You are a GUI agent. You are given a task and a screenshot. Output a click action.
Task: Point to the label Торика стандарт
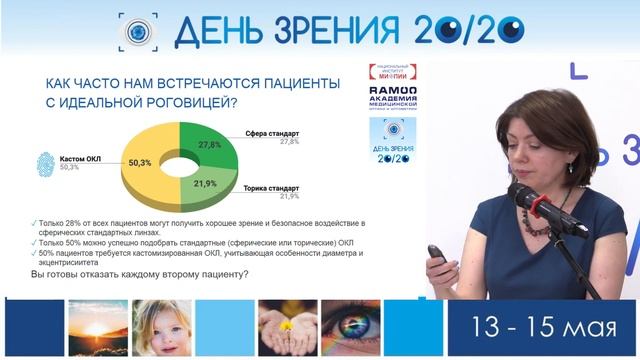click(271, 186)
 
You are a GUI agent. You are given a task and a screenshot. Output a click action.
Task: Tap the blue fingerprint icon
click(45, 163)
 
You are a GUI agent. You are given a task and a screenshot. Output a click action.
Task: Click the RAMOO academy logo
click(393, 100)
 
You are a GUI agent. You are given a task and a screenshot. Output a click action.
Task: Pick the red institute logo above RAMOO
click(393, 73)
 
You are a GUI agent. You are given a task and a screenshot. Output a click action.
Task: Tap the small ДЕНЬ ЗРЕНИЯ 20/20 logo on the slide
click(393, 141)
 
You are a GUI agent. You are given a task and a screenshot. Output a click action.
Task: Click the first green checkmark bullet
click(34, 220)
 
